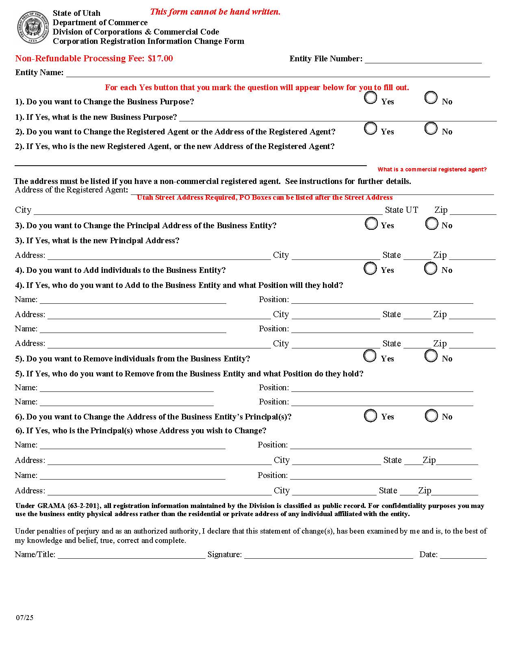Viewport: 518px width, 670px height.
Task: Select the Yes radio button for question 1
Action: tap(371, 98)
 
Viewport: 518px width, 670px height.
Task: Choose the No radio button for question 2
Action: tap(431, 128)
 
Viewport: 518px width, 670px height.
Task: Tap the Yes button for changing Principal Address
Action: tap(371, 223)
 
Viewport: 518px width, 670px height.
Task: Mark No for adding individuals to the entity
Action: tap(431, 268)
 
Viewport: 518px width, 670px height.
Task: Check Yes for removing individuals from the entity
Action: tap(370, 356)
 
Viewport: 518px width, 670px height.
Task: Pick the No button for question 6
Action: tap(431, 415)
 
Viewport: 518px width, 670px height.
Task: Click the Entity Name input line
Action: tap(278, 73)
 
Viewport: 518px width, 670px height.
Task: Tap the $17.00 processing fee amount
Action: tap(160, 58)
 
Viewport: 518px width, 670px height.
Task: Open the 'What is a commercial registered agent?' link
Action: tap(432, 169)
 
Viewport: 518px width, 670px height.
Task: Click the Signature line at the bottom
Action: tap(328, 555)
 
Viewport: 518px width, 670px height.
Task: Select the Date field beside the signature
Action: tap(463, 555)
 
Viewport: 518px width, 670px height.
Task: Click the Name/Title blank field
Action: tap(131, 555)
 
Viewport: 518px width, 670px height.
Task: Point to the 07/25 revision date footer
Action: tap(25, 618)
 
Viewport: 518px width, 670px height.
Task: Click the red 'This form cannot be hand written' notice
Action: tap(215, 12)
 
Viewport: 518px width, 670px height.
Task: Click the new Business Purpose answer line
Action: tap(337, 117)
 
